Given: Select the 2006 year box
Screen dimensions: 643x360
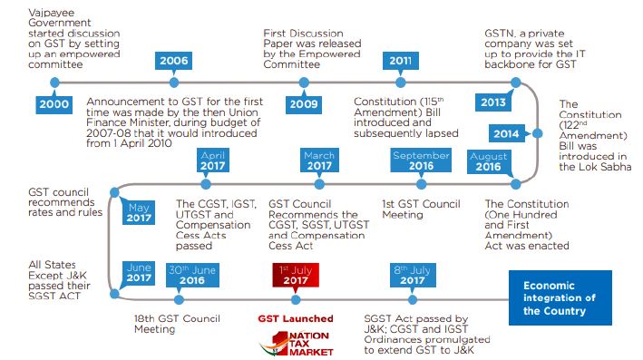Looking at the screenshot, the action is click(174, 61).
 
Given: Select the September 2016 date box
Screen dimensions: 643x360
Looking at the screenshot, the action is click(420, 160).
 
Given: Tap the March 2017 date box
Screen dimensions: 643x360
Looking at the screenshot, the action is click(318, 160).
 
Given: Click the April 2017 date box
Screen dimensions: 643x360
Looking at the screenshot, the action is click(212, 160).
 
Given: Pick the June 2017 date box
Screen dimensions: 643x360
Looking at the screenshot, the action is click(140, 273).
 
